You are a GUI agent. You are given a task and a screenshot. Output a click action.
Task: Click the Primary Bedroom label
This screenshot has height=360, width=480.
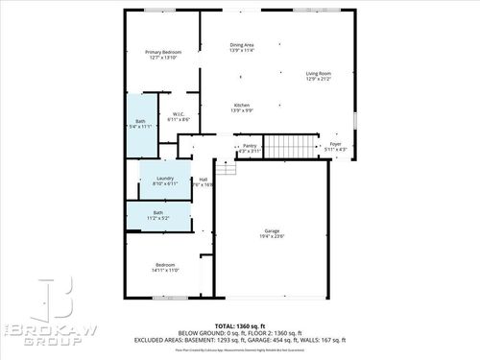(x=162, y=52)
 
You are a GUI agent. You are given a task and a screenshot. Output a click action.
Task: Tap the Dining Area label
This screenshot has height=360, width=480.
(x=242, y=45)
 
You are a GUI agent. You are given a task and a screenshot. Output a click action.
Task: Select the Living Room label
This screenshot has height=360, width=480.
(x=319, y=73)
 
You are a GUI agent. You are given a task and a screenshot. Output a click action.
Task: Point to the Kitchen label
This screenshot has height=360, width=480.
(x=242, y=105)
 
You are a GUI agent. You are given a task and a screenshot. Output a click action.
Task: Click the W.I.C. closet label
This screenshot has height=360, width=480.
(x=178, y=113)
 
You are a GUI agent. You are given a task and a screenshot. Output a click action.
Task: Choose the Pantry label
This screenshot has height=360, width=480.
(x=250, y=146)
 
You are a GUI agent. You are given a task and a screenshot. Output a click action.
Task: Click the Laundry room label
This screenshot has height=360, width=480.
(x=164, y=179)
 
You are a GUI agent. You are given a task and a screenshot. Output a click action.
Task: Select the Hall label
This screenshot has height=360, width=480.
(x=203, y=180)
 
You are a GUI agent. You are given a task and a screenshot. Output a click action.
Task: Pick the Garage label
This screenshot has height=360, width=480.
(x=272, y=230)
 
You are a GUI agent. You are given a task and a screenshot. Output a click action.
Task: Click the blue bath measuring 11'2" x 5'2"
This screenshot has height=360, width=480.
(x=157, y=216)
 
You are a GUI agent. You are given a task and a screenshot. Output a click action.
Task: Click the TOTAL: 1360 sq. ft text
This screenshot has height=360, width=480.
(x=239, y=324)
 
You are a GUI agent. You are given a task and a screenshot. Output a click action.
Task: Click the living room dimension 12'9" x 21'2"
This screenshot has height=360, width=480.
(x=319, y=79)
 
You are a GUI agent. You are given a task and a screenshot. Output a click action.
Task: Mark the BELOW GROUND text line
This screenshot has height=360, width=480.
(x=240, y=332)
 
